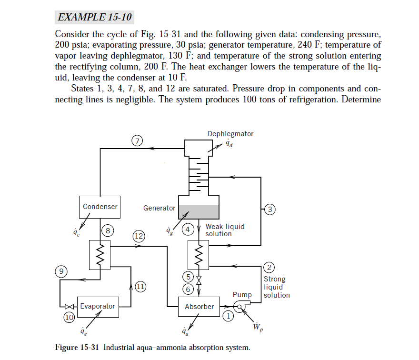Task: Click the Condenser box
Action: pyautogui.click(x=100, y=207)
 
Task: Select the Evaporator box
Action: pyautogui.click(x=97, y=306)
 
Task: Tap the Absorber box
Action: pyautogui.click(x=199, y=307)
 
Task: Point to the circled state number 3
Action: pyautogui.click(x=269, y=209)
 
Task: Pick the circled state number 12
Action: pyautogui.click(x=139, y=236)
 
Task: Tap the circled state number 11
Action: pyautogui.click(x=140, y=286)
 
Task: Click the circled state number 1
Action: pyautogui.click(x=229, y=315)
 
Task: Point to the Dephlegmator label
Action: pyautogui.click(x=230, y=134)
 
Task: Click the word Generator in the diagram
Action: pyautogui.click(x=159, y=208)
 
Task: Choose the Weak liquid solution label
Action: pyautogui.click(x=225, y=230)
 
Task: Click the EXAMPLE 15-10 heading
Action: pyautogui.click(x=94, y=17)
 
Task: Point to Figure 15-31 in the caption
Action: pyautogui.click(x=76, y=347)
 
